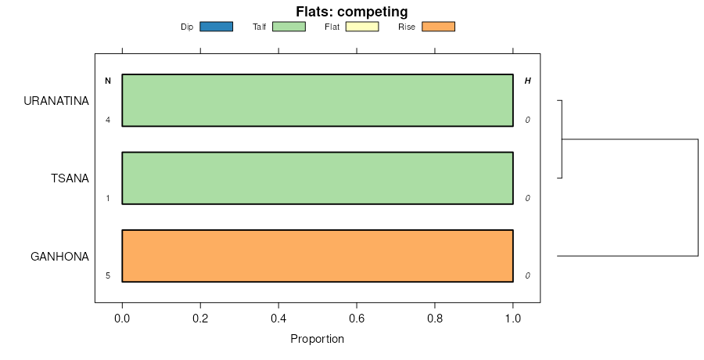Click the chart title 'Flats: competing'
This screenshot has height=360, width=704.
coord(352,12)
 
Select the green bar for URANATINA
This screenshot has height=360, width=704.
coord(318,100)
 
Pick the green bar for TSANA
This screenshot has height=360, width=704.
coord(318,178)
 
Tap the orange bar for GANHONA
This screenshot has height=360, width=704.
coord(318,255)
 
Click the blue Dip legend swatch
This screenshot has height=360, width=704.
coord(217,27)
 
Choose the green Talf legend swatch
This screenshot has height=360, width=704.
coord(289,27)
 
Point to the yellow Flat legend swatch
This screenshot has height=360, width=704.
coord(361,27)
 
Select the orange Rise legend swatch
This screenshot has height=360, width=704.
coord(438,27)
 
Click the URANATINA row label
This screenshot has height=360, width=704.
coord(56,101)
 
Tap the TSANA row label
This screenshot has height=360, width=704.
coord(70,178)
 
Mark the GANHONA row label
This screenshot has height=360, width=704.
coord(59,256)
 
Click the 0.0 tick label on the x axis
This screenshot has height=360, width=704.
coord(122,319)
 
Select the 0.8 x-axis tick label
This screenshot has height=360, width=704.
coord(435,319)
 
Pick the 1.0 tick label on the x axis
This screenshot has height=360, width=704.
coord(513,319)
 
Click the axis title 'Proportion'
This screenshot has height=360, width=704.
coord(317,339)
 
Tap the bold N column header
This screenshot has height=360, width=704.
coord(108,81)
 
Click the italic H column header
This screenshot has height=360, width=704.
coord(527,81)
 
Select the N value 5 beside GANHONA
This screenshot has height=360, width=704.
coord(108,275)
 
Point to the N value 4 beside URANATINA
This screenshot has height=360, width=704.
coord(108,120)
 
